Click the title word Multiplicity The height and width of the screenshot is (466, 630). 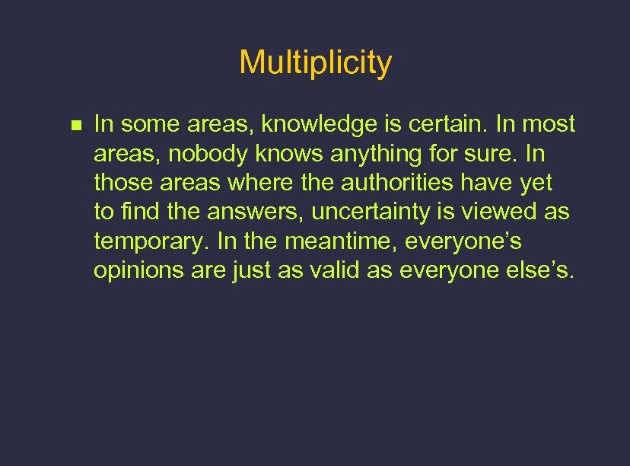[x=315, y=62]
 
